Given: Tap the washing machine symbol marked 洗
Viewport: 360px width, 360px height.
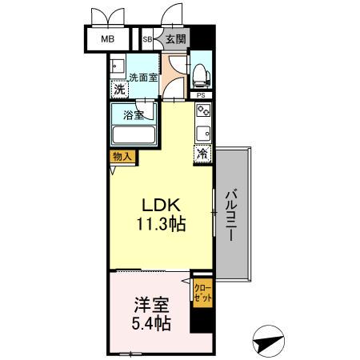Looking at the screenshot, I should (x=118, y=90).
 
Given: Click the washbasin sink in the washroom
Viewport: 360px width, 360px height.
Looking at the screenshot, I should (x=118, y=66).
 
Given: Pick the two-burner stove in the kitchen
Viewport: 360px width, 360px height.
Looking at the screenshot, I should (x=202, y=113).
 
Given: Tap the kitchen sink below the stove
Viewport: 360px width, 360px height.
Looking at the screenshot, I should (x=202, y=134).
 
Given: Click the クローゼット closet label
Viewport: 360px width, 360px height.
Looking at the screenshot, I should (x=201, y=291).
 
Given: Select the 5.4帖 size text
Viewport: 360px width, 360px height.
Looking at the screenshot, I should (x=150, y=325).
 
